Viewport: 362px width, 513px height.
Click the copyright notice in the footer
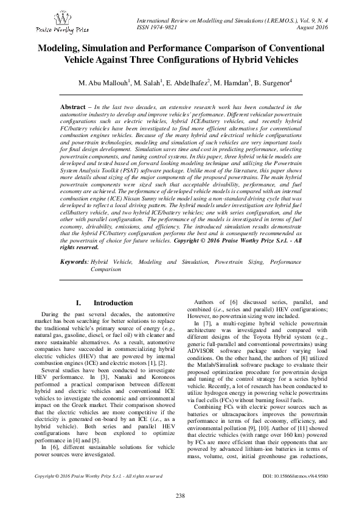pos(90,476)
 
